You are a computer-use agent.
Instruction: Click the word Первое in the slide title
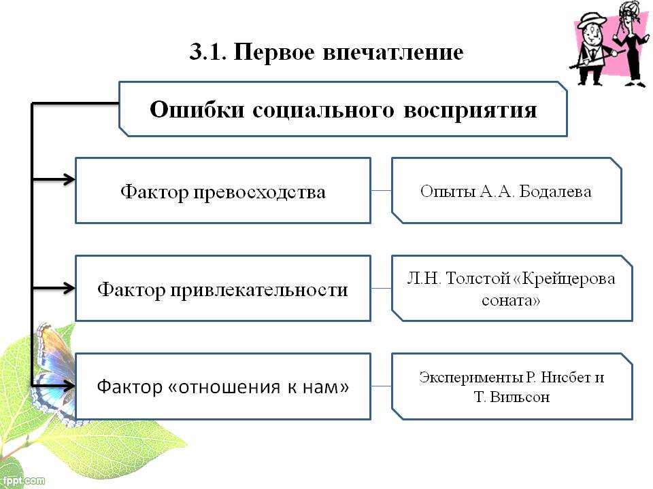click(274, 53)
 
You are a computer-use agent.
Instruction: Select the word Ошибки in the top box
click(197, 110)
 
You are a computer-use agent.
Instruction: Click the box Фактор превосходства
click(223, 190)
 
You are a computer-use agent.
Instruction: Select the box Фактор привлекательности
click(223, 288)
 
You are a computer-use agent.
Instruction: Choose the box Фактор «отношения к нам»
click(223, 386)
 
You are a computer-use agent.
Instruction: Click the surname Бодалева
click(555, 192)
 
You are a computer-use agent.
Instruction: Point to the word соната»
click(511, 300)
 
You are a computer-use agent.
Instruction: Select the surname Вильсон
click(520, 397)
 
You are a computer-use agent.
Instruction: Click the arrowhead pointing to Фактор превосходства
click(69, 179)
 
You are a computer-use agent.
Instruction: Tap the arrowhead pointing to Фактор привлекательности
click(69, 288)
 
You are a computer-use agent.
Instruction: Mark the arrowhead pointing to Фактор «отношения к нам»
click(69, 386)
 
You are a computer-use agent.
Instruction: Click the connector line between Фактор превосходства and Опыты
click(381, 190)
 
